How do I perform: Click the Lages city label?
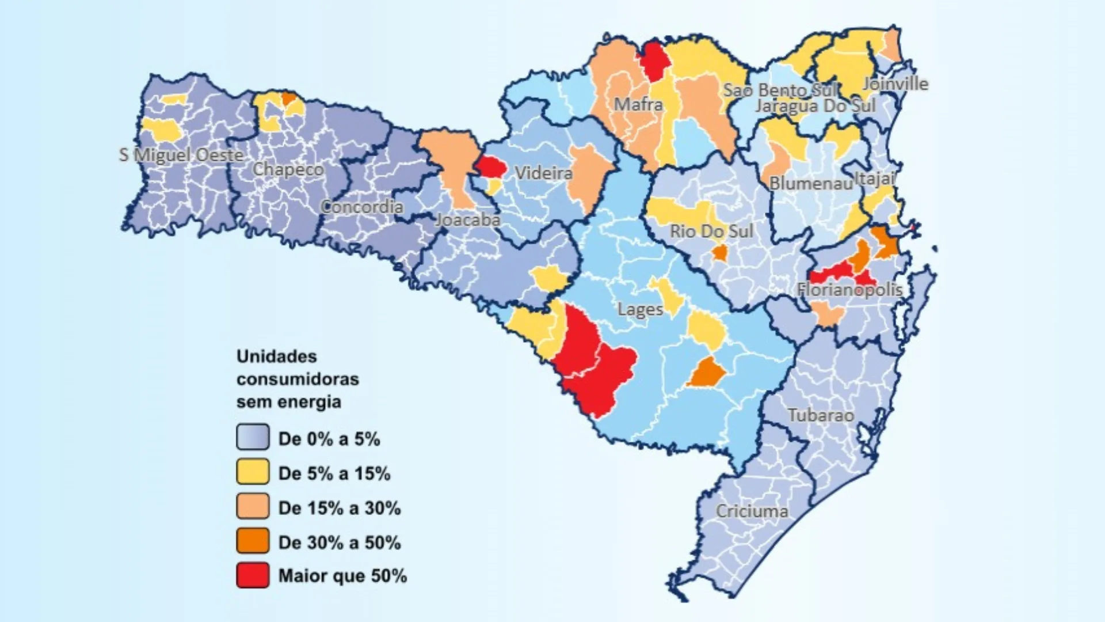pyautogui.click(x=640, y=309)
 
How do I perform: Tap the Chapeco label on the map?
pyautogui.click(x=288, y=169)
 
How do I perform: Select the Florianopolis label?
pyautogui.click(x=849, y=289)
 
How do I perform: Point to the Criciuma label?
pyautogui.click(x=752, y=511)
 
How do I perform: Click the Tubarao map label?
pyautogui.click(x=821, y=415)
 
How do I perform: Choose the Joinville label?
pyautogui.click(x=895, y=84)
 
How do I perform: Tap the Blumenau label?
pyautogui.click(x=810, y=183)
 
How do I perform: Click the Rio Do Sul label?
pyautogui.click(x=711, y=231)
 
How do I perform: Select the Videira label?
pyautogui.click(x=543, y=173)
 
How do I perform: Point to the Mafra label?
pyautogui.click(x=638, y=104)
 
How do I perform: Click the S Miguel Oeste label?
pyautogui.click(x=181, y=155)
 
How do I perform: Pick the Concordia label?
pyautogui.click(x=361, y=207)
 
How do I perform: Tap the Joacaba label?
pyautogui.click(x=467, y=219)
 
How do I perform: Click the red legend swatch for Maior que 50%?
pyautogui.click(x=253, y=575)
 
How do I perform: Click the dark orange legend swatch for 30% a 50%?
pyautogui.click(x=253, y=541)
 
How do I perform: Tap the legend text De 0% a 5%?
pyautogui.click(x=329, y=439)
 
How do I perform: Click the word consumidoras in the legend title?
pyautogui.click(x=298, y=379)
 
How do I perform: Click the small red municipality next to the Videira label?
pyautogui.click(x=491, y=166)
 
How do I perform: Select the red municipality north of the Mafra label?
pyautogui.click(x=654, y=62)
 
